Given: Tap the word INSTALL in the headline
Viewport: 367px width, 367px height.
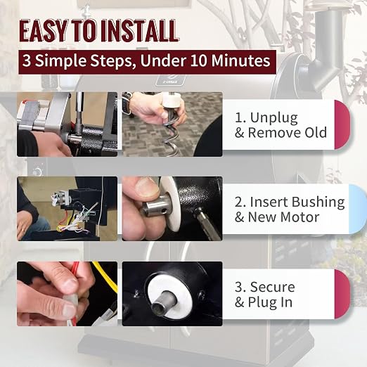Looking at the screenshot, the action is (x=139, y=31).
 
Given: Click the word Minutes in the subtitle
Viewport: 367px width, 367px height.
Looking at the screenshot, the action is (x=241, y=61).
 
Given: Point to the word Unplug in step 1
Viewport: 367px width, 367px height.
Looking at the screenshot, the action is (x=274, y=118).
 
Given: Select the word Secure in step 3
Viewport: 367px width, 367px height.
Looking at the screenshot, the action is (x=272, y=287).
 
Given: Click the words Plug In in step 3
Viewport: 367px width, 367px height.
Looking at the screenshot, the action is (x=270, y=302).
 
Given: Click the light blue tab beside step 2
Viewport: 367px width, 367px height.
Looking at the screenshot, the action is (x=357, y=210).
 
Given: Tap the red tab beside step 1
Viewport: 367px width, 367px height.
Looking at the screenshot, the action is (x=342, y=124).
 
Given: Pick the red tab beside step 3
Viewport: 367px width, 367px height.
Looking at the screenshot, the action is (x=342, y=294).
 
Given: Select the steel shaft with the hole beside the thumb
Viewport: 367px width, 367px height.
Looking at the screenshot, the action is (x=155, y=206).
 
